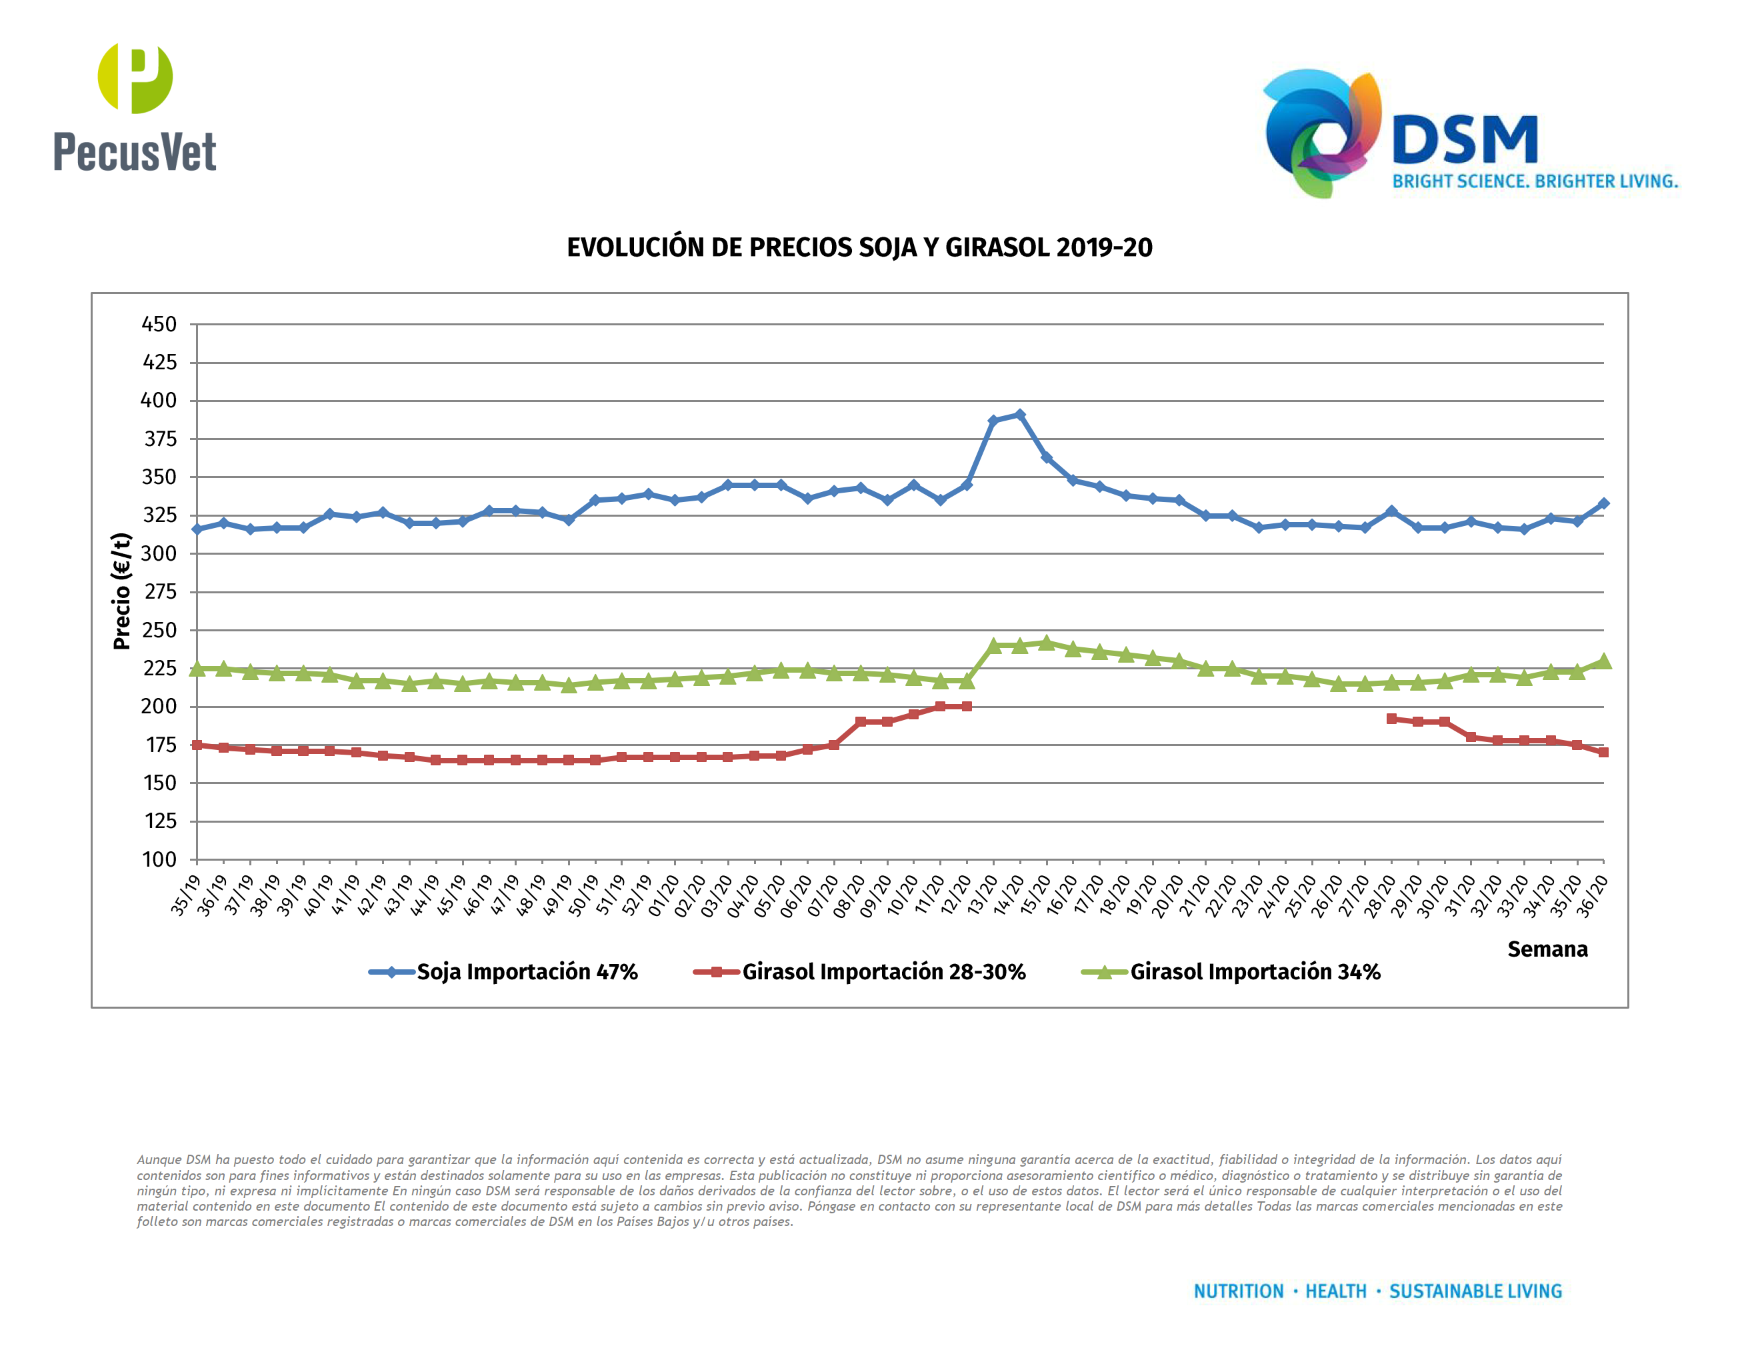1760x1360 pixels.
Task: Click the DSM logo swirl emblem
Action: click(x=1321, y=133)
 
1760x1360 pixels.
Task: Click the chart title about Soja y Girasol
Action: click(x=859, y=247)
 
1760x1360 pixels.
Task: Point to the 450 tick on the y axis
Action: click(x=159, y=325)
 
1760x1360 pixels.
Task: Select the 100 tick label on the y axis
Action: click(x=159, y=860)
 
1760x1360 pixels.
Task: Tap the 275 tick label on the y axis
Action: click(x=159, y=592)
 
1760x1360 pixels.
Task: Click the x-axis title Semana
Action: click(x=1547, y=949)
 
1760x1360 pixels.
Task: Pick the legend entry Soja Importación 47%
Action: click(x=526, y=971)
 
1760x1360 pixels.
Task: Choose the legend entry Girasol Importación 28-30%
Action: click(x=883, y=971)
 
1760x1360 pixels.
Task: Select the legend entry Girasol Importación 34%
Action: click(x=1255, y=971)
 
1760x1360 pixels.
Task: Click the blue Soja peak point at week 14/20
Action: click(x=1019, y=415)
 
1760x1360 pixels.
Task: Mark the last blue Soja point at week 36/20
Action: click(x=1603, y=503)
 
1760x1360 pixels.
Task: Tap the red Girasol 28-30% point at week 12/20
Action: click(x=966, y=707)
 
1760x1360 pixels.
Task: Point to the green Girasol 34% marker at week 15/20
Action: click(x=1046, y=643)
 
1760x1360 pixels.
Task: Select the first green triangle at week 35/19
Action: click(x=197, y=669)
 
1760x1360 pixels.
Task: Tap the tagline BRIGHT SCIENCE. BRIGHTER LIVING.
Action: click(x=1535, y=181)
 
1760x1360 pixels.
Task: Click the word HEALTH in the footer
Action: click(x=1335, y=1291)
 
